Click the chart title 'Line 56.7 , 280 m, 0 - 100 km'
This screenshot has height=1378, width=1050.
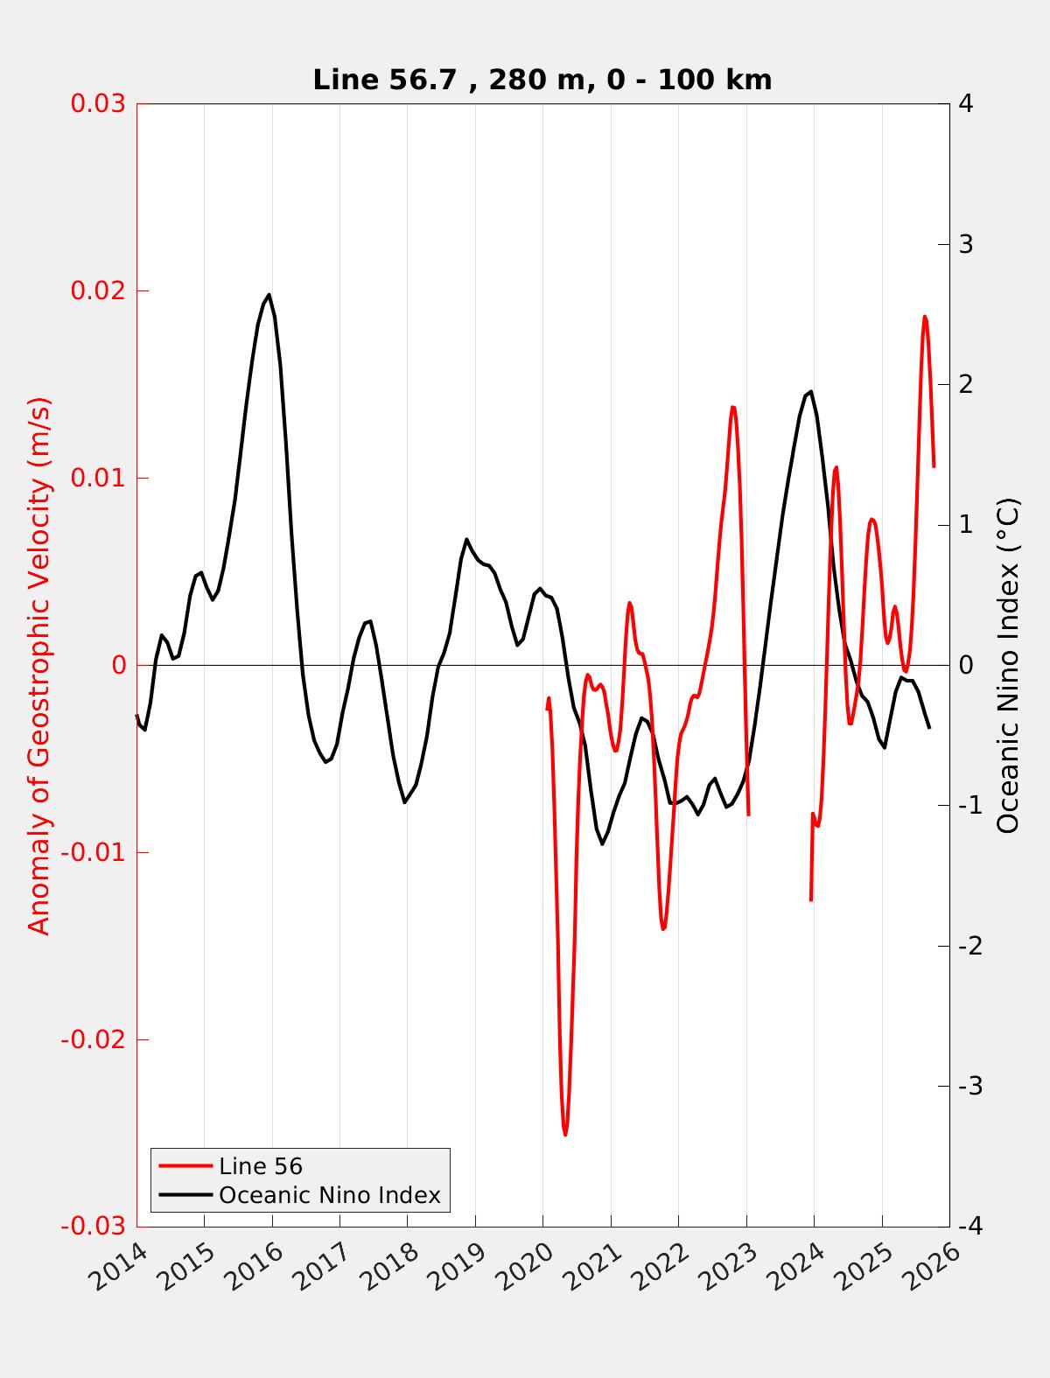pos(542,80)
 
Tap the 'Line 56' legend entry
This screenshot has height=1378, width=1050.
pos(260,1166)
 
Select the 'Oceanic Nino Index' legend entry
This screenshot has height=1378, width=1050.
pos(329,1195)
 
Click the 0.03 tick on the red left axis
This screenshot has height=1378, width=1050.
pos(97,103)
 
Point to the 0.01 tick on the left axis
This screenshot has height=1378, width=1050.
pos(97,478)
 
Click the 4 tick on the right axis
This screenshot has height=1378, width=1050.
pos(966,103)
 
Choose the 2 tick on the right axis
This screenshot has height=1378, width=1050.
pos(966,384)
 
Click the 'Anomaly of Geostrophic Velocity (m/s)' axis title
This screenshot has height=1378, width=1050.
pos(39,665)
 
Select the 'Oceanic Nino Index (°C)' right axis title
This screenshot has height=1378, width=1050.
pos(1008,665)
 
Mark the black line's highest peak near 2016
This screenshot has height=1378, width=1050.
pos(269,295)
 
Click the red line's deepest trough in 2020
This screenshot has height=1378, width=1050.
pos(565,1134)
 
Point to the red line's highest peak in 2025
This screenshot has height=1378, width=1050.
pos(925,317)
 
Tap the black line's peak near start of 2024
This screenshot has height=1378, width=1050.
pos(811,391)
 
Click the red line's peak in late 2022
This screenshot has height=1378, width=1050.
pos(733,407)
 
